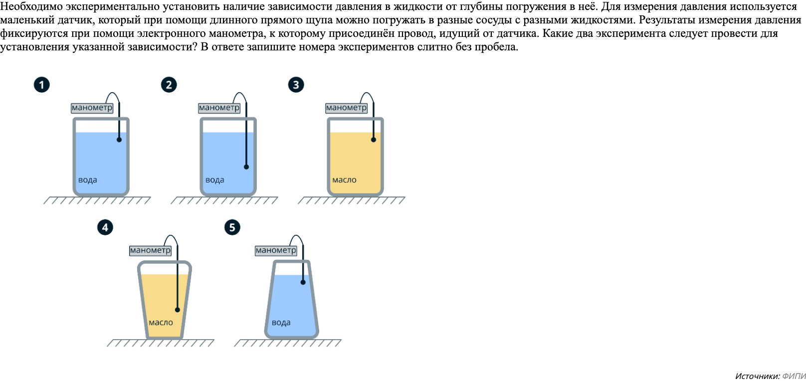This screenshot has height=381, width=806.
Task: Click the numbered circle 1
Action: pyautogui.click(x=42, y=85)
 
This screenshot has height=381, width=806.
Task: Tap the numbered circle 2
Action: pyautogui.click(x=169, y=85)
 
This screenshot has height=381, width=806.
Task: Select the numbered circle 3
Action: pyautogui.click(x=296, y=85)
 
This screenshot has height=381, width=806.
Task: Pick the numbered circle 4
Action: pyautogui.click(x=105, y=227)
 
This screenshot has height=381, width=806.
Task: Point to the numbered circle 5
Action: pyautogui.click(x=232, y=227)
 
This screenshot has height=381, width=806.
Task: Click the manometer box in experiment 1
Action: pyautogui.click(x=92, y=108)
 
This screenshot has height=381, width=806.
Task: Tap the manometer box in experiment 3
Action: pyautogui.click(x=347, y=108)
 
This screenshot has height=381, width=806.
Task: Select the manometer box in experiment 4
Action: pyautogui.click(x=150, y=250)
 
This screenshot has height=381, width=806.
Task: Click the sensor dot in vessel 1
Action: pyautogui.click(x=119, y=140)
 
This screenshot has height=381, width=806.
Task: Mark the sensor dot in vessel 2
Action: pyautogui.click(x=246, y=167)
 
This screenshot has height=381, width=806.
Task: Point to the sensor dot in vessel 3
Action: pyautogui.click(x=374, y=140)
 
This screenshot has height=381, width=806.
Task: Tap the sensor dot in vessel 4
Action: pyautogui.click(x=178, y=310)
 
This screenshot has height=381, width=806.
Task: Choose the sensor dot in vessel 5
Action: pyautogui.click(x=303, y=282)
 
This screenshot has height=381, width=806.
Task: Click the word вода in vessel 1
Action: pyautogui.click(x=88, y=180)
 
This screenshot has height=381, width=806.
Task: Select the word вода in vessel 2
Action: pyautogui.click(x=215, y=180)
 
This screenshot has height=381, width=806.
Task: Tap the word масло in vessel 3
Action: pyautogui.click(x=345, y=180)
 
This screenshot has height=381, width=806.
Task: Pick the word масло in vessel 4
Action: pyautogui.click(x=161, y=323)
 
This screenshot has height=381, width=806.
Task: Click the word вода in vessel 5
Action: pyautogui.click(x=281, y=323)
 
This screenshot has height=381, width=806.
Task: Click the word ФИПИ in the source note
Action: pyautogui.click(x=794, y=376)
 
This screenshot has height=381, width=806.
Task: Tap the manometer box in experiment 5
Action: pyautogui.click(x=276, y=250)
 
